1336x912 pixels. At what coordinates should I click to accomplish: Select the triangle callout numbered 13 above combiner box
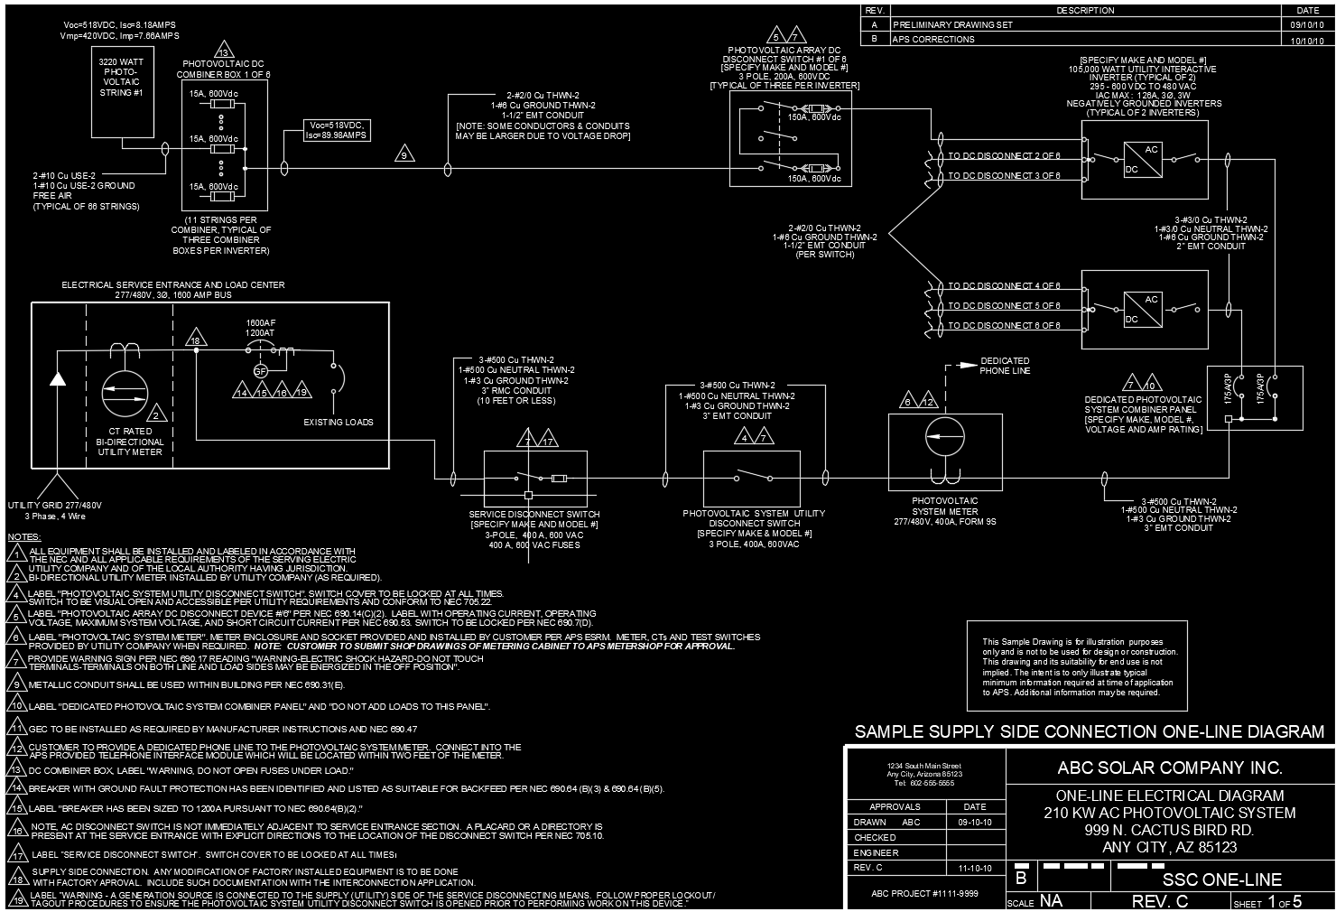[x=223, y=51]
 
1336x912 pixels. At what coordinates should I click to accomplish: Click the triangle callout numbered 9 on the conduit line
[x=404, y=155]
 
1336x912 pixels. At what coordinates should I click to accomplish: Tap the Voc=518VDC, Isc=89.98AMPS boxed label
[x=338, y=130]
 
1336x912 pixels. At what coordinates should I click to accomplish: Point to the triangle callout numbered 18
[x=195, y=340]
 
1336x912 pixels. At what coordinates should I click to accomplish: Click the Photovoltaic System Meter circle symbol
[x=945, y=437]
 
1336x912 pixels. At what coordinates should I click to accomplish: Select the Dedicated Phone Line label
[x=1005, y=366]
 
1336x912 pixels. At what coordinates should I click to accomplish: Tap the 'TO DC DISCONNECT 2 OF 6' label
[x=1004, y=156]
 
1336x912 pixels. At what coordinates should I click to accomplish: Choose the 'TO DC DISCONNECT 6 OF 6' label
[x=1004, y=325]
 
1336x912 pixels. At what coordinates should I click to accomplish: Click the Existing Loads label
[x=338, y=422]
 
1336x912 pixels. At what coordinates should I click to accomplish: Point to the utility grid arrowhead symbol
[x=58, y=377]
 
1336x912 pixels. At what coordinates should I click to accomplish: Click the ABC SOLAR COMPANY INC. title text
[x=1169, y=768]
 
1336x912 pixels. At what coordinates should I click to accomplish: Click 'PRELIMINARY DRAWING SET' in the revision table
[x=952, y=25]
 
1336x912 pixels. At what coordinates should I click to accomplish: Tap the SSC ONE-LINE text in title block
[x=1221, y=879]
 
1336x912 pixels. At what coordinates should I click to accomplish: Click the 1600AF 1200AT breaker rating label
[x=260, y=328]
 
